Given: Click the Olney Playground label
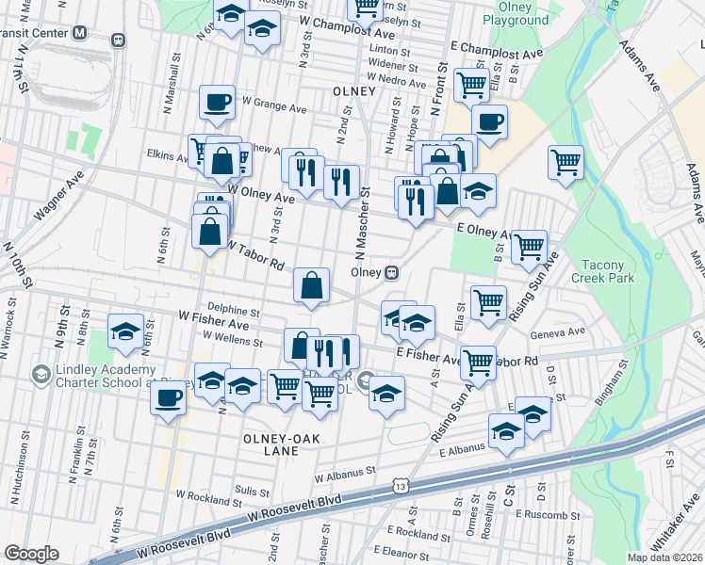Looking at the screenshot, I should tap(516, 13).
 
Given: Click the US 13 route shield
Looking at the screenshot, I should tap(402, 485).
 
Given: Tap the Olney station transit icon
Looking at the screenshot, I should tap(391, 272).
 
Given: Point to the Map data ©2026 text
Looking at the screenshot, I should tap(665, 557).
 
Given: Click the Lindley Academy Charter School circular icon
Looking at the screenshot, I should tap(41, 376).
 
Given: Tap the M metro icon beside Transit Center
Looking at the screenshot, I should tap(80, 31).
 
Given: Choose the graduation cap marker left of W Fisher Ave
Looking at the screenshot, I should tap(125, 331).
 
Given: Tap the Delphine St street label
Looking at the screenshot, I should tap(234, 310).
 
